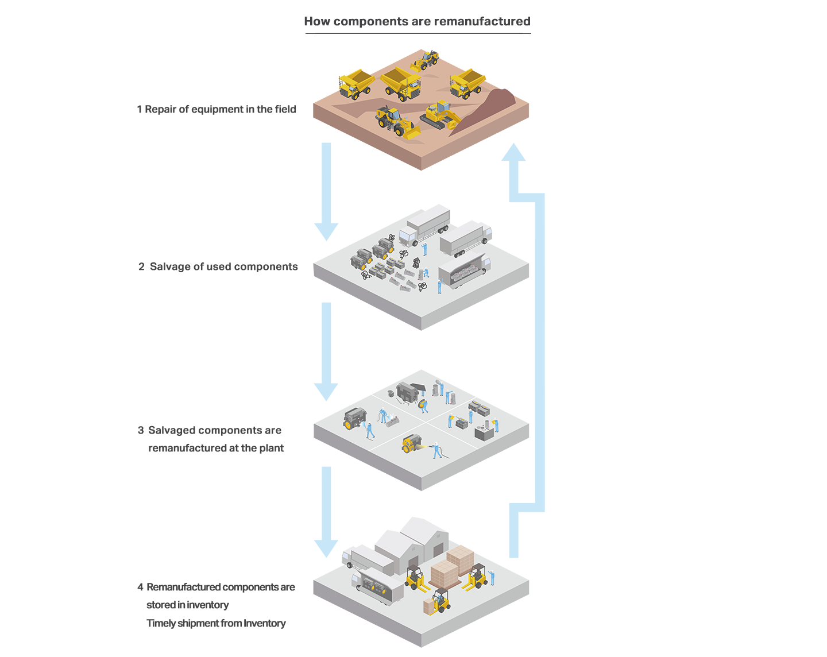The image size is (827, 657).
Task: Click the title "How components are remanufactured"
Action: [x=417, y=21]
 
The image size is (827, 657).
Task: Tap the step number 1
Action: [x=139, y=110]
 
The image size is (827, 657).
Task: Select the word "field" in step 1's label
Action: [x=285, y=110]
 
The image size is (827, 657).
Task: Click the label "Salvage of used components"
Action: [x=223, y=266]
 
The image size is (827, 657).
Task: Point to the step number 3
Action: [x=141, y=430]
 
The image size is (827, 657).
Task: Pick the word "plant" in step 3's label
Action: [x=271, y=448]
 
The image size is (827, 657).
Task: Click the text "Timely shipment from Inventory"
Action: [x=216, y=623]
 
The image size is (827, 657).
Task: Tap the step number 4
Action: [x=140, y=587]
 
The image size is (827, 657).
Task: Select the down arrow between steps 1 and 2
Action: [x=326, y=190]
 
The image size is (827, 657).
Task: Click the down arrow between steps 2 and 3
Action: [x=326, y=350]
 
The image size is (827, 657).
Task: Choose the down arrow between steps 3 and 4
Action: [x=326, y=511]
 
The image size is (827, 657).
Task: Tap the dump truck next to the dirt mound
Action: [x=467, y=84]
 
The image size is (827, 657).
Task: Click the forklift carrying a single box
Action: [x=438, y=602]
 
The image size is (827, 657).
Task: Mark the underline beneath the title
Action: [x=418, y=33]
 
